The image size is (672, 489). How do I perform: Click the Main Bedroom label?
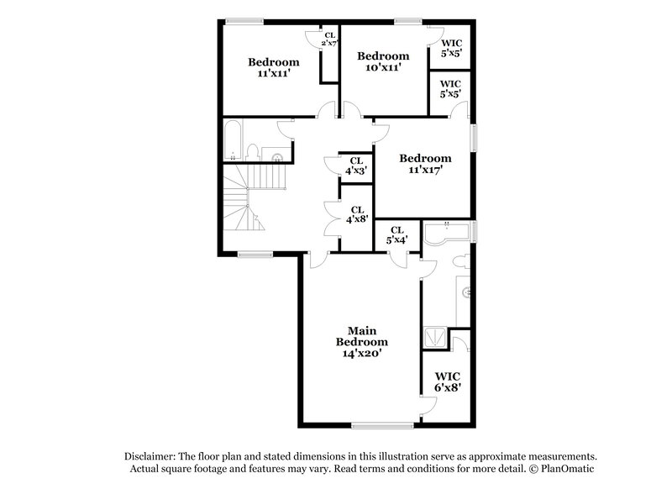click(x=362, y=336)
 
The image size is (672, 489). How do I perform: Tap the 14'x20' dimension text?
click(x=362, y=355)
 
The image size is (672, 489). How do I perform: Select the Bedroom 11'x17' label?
click(x=425, y=163)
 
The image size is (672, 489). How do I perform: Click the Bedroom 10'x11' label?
click(x=383, y=61)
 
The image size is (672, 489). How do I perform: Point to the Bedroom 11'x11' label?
click(x=274, y=67)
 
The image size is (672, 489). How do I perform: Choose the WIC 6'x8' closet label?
click(x=448, y=382)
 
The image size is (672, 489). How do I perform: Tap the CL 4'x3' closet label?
click(x=356, y=166)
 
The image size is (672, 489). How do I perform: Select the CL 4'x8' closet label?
click(x=356, y=215)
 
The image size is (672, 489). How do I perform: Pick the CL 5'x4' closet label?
click(x=397, y=234)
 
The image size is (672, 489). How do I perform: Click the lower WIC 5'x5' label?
click(x=450, y=90)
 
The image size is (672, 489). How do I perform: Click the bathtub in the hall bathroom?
click(x=234, y=140)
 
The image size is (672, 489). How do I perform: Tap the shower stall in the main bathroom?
click(x=435, y=338)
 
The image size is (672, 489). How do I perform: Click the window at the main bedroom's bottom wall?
click(x=376, y=423)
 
